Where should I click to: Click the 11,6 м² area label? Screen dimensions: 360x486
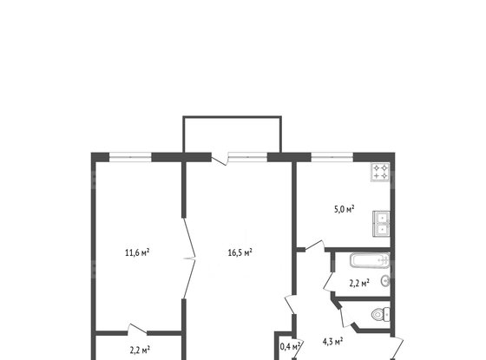[x=138, y=253]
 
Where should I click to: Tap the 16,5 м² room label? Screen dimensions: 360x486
[x=239, y=253]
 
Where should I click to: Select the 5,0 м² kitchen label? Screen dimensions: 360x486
[x=346, y=209]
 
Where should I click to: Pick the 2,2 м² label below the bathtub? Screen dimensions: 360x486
[x=359, y=282]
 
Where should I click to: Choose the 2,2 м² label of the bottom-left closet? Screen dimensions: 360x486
[x=138, y=350]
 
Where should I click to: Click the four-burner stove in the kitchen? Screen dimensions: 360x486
[x=381, y=172]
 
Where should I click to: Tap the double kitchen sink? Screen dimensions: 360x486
[x=380, y=225]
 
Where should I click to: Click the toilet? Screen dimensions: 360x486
[x=379, y=315]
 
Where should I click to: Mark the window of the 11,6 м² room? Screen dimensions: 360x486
[x=130, y=156]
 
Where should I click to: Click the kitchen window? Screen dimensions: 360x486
[x=332, y=156]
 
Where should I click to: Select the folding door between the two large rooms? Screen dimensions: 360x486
[x=190, y=256]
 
